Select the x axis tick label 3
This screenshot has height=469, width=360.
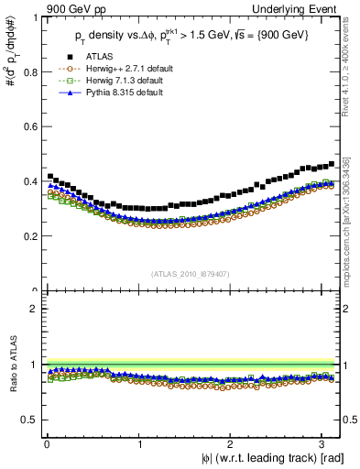[325, 443]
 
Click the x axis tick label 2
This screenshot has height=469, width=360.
[233, 443]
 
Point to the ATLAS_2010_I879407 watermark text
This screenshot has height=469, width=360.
[191, 273]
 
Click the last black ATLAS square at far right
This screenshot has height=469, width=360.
[331, 164]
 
